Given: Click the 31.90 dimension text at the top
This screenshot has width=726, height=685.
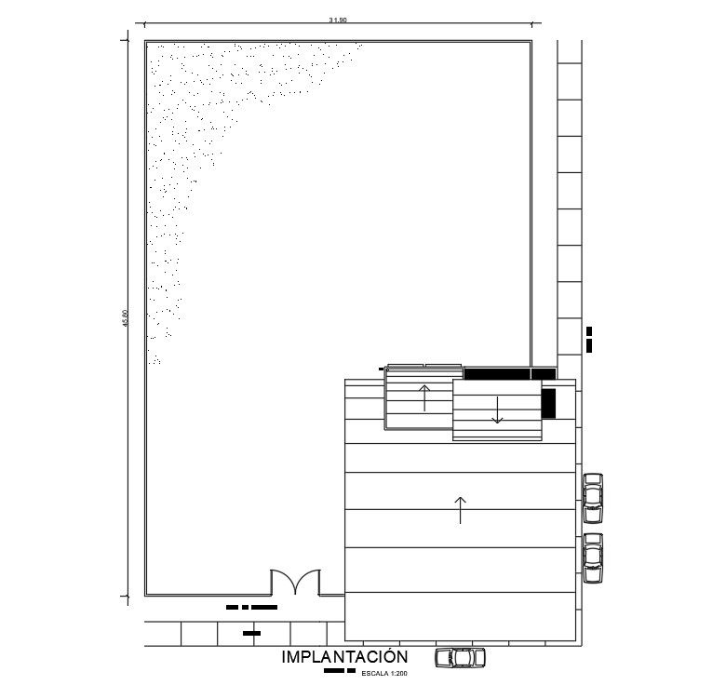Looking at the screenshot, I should click(x=338, y=20).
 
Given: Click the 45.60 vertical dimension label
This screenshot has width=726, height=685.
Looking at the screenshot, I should click(x=125, y=318).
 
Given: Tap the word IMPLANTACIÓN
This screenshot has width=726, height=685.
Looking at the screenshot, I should click(x=344, y=657).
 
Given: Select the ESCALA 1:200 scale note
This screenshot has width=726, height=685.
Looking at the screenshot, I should click(x=385, y=672).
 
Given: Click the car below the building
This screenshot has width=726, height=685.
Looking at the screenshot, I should click(x=461, y=657).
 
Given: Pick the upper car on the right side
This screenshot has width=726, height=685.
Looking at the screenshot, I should click(x=593, y=498).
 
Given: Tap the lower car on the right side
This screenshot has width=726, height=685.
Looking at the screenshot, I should click(x=593, y=557).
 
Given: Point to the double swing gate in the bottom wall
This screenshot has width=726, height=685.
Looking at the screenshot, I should click(x=295, y=584).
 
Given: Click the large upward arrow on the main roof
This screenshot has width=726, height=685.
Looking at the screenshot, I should click(x=460, y=510).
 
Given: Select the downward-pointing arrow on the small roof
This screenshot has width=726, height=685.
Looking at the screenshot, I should click(x=498, y=410).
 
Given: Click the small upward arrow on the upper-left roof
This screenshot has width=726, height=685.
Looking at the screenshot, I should click(x=424, y=397).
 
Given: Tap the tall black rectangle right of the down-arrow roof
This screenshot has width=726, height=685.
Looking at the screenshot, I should click(x=548, y=403).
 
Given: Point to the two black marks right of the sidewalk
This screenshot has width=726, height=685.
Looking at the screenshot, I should click(x=589, y=339).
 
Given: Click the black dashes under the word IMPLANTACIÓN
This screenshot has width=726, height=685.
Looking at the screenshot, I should click(x=339, y=670).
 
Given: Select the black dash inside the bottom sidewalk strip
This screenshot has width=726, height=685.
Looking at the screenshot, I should click(x=250, y=633).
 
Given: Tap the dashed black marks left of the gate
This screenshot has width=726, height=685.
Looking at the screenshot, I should click(x=252, y=607).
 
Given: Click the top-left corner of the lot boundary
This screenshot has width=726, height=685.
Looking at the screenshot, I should click(x=145, y=41).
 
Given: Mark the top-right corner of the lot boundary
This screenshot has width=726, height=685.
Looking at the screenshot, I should click(x=531, y=41).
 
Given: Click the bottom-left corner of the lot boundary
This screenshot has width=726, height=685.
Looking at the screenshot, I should click(x=145, y=595).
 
